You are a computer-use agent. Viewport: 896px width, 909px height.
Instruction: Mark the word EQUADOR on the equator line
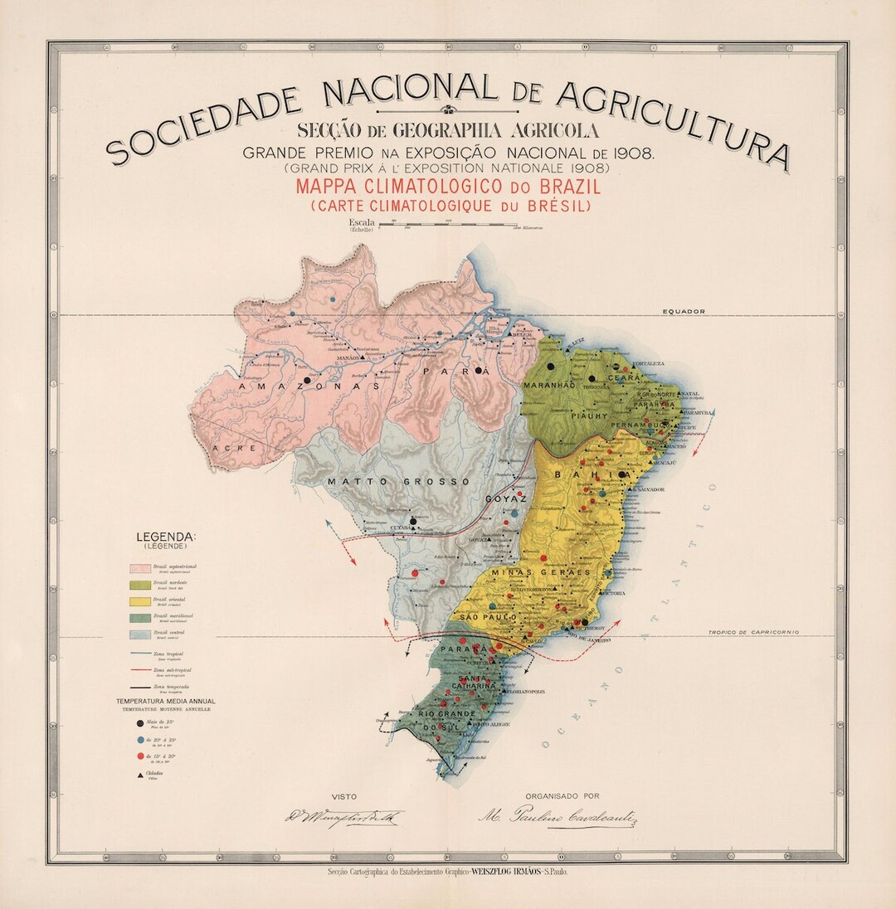tap(683, 312)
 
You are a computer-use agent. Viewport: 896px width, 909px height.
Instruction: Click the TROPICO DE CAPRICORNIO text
tap(752, 632)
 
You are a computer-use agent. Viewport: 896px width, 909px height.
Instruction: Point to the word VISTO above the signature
tap(343, 795)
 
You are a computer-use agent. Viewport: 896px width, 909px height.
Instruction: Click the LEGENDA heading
tap(166, 537)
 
